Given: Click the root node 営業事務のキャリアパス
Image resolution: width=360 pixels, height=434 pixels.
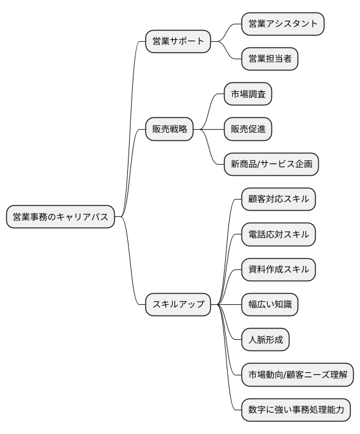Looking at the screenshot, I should pyautogui.click(x=60, y=217).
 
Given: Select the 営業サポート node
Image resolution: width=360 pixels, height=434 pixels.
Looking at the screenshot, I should pyautogui.click(x=178, y=42).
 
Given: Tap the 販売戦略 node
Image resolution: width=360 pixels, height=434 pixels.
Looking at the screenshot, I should pyautogui.click(x=169, y=129).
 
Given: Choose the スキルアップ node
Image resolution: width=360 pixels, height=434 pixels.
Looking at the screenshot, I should pyautogui.click(x=178, y=305).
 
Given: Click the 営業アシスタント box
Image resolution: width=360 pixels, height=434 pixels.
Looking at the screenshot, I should pyautogui.click(x=283, y=24).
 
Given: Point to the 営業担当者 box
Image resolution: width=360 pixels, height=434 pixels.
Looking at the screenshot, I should pyautogui.click(x=270, y=59).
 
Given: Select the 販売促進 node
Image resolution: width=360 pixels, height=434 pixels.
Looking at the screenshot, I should pyautogui.click(x=248, y=129).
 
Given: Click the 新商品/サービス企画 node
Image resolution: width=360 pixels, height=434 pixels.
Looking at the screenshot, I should pyautogui.click(x=271, y=164).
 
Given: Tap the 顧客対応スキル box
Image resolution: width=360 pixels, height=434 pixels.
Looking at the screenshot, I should pyautogui.click(x=278, y=200).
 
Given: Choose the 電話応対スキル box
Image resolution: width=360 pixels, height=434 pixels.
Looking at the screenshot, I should pyautogui.click(x=278, y=234).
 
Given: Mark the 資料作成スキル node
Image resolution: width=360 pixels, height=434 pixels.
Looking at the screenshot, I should pyautogui.click(x=278, y=269).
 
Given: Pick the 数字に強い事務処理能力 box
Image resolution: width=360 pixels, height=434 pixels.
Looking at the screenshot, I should pyautogui.click(x=296, y=410).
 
